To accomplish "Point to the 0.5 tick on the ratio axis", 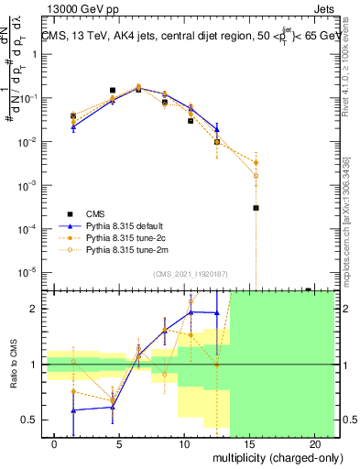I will pos(29,420).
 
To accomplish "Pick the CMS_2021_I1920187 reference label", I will pos(190,274).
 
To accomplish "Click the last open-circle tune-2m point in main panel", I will pos(256,175).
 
